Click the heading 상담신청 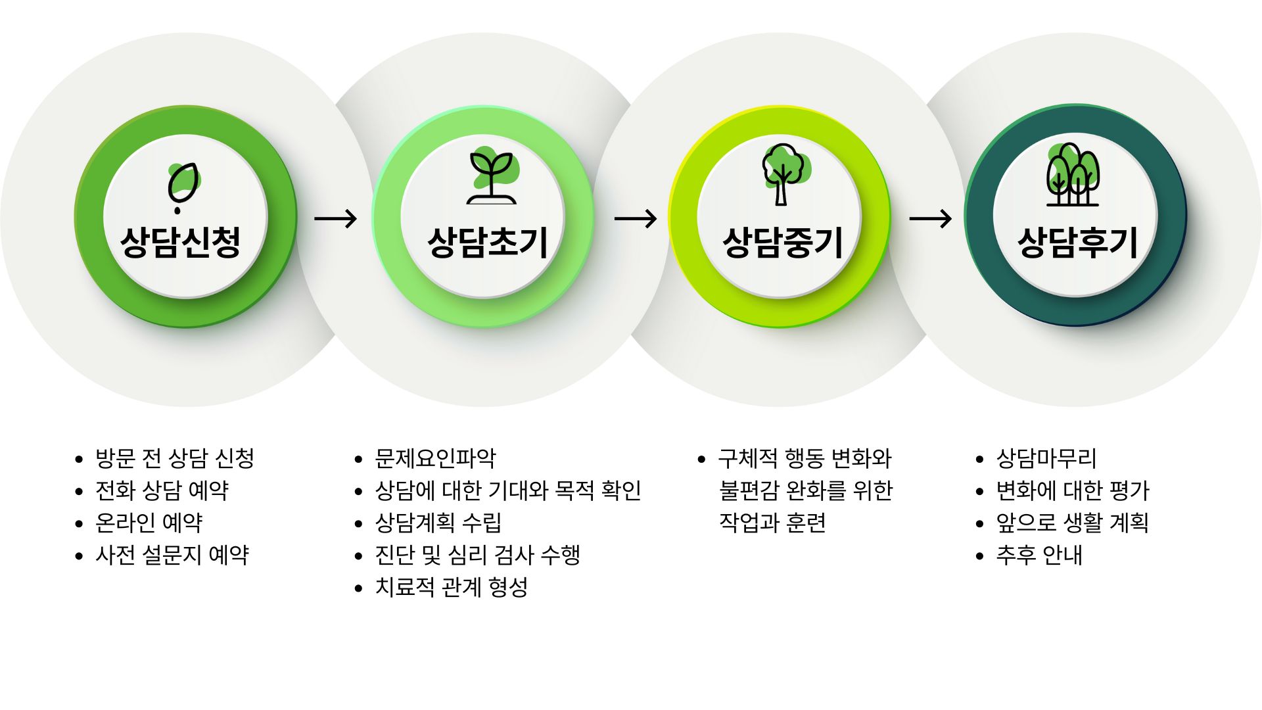coord(180,242)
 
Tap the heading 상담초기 coord(487,242)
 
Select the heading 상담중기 coord(782,242)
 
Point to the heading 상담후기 coord(1077,242)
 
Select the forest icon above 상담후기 coord(1073,175)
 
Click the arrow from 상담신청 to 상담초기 coord(335,218)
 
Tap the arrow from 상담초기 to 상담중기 coord(635,218)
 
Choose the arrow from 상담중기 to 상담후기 coord(930,218)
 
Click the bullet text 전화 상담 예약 coord(162,490)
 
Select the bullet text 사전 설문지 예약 coord(172,555)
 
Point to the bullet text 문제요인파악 coord(435,458)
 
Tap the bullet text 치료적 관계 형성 coord(452,587)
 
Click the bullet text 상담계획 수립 coord(438,523)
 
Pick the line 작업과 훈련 coord(772,523)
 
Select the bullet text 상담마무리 coord(1046,458)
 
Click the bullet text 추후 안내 coord(1039,555)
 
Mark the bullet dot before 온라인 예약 coord(80,524)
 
